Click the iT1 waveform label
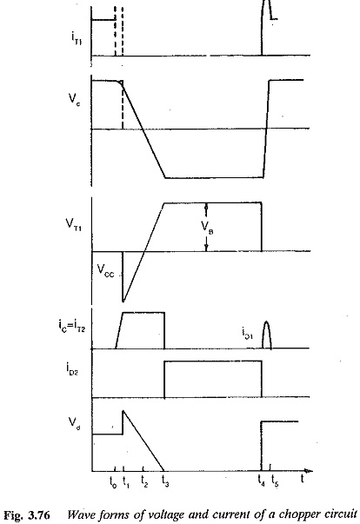tap(77, 38)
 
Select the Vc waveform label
tap(74, 99)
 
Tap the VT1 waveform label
tap(74, 223)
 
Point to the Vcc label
tap(105, 270)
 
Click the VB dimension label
tap(207, 228)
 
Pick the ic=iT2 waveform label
tap(71, 326)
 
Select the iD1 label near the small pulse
tap(247, 333)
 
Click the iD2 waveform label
tap(72, 368)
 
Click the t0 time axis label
tap(113, 482)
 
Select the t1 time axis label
tap(126, 482)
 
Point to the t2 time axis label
tap(144, 481)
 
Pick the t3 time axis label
tap(165, 481)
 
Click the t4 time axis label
tap(262, 481)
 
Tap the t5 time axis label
tap(275, 481)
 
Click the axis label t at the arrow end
tap(302, 479)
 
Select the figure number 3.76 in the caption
tap(39, 514)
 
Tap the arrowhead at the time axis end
tap(310, 471)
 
